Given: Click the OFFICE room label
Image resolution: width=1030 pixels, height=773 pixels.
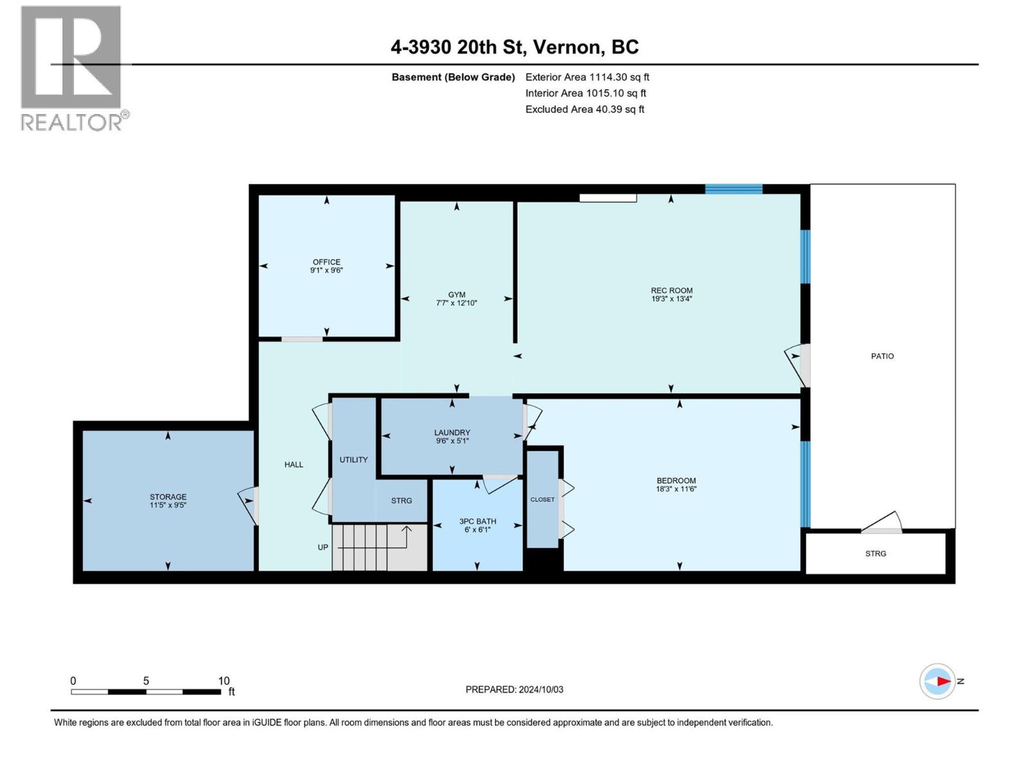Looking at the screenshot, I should pyautogui.click(x=326, y=262).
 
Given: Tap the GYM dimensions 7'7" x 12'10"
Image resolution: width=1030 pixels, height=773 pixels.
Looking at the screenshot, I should pyautogui.click(x=456, y=303).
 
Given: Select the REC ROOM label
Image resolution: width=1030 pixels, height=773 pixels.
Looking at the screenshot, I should pyautogui.click(x=671, y=291).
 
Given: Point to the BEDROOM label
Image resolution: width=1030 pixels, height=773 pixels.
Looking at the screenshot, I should pyautogui.click(x=676, y=481).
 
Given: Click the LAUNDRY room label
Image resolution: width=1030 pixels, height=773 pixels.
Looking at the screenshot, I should pyautogui.click(x=452, y=433).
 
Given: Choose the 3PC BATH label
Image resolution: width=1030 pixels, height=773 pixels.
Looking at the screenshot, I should pyautogui.click(x=477, y=522).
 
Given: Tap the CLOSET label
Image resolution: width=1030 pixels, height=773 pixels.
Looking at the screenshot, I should pyautogui.click(x=542, y=500).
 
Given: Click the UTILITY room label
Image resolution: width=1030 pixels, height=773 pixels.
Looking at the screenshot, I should pyautogui.click(x=353, y=460).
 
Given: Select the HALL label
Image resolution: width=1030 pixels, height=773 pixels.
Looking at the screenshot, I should pyautogui.click(x=294, y=464).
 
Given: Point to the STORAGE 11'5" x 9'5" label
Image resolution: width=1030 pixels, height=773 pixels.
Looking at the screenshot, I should pyautogui.click(x=168, y=501).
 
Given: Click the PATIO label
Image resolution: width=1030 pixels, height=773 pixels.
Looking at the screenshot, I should pyautogui.click(x=882, y=356).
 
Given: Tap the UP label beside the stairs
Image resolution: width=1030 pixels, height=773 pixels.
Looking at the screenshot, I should pyautogui.click(x=323, y=548).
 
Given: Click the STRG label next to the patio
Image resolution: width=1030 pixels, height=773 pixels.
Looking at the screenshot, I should pyautogui.click(x=876, y=553).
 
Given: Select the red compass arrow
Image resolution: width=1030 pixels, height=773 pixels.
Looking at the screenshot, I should pyautogui.click(x=943, y=681).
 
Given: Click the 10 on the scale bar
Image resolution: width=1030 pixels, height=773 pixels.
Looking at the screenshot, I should pyautogui.click(x=223, y=681).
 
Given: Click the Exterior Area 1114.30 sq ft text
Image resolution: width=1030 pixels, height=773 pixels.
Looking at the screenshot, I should pyautogui.click(x=587, y=77).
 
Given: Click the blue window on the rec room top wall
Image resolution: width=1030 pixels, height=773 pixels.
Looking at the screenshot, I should pyautogui.click(x=733, y=189).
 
